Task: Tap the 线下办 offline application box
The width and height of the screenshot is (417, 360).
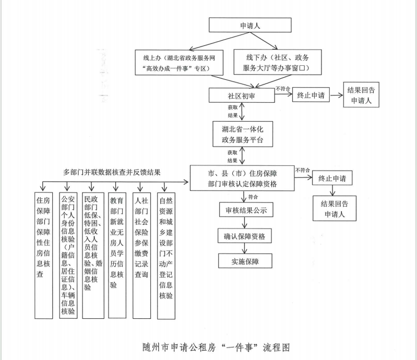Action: coord(277,62)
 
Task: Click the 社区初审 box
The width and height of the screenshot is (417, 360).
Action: coord(241,95)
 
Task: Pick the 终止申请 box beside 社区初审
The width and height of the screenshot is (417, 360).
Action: coord(311,95)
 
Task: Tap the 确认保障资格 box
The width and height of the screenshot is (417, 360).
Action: coord(245,236)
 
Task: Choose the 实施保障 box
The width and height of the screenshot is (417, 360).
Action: coord(245,261)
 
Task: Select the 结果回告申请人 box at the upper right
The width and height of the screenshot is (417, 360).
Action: coord(361,95)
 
